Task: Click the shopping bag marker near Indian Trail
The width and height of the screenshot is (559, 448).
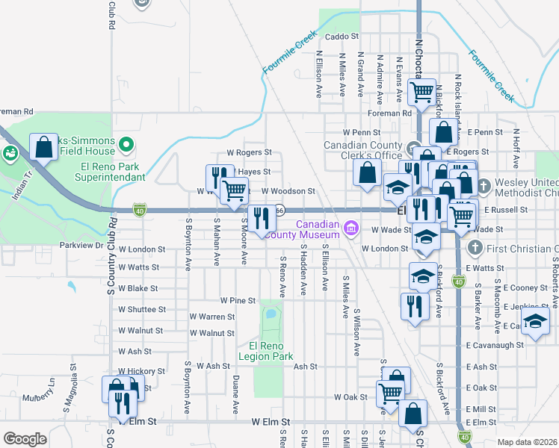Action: [44, 146]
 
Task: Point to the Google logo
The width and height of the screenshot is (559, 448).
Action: [25, 439]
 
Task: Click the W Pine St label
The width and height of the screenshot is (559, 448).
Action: [238, 300]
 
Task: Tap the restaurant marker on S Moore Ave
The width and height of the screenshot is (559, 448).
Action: [261, 218]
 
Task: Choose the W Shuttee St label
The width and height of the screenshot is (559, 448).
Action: [142, 309]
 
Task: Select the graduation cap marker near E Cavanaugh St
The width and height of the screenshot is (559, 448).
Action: [535, 322]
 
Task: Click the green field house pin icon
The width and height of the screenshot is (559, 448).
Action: [127, 144]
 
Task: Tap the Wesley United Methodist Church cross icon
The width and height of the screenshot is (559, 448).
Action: [484, 184]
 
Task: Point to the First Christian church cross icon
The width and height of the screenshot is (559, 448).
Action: [472, 246]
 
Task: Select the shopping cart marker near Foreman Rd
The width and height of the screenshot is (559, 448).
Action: [422, 93]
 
